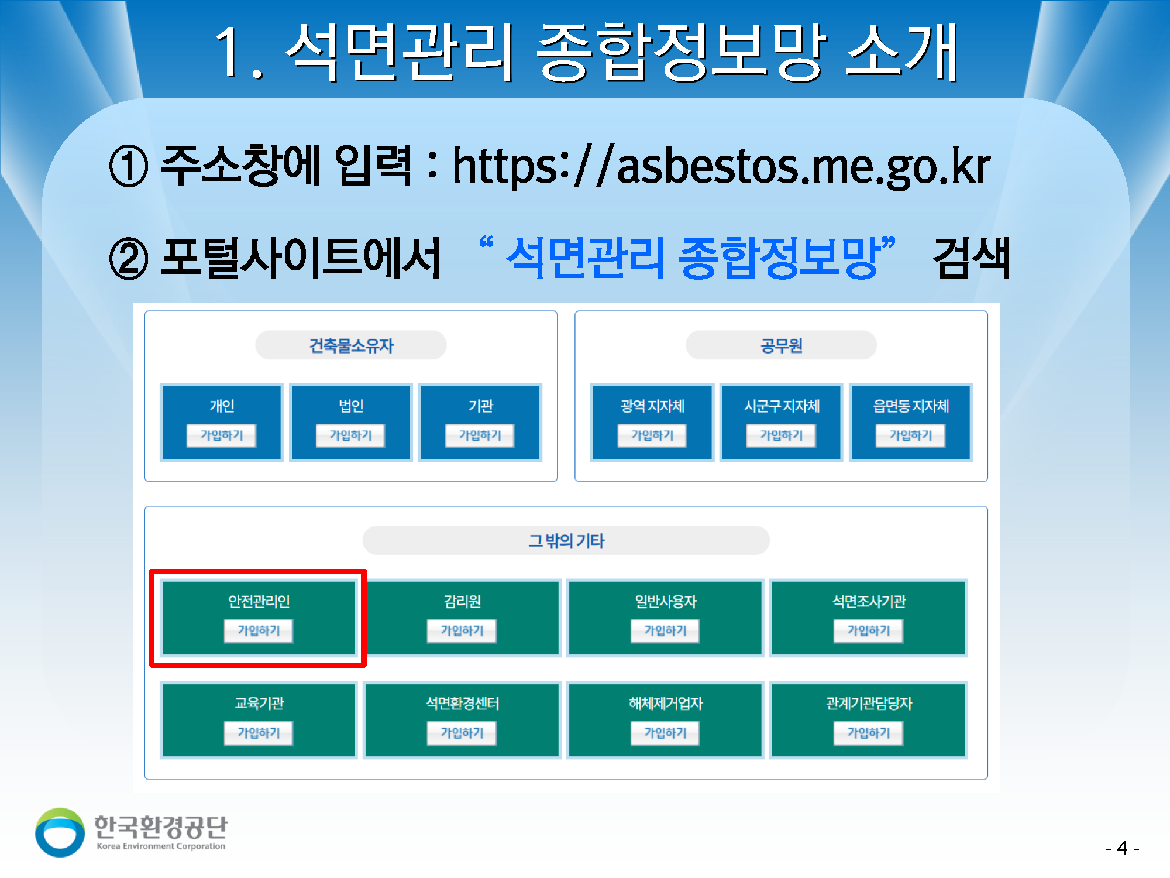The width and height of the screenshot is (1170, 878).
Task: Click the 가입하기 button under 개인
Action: tap(221, 435)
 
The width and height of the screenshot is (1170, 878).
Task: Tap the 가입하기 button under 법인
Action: tap(350, 435)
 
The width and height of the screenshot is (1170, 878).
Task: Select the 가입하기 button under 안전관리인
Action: tap(259, 631)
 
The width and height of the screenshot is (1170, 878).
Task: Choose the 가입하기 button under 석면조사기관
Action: tap(868, 631)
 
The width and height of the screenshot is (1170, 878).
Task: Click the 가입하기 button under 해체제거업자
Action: tap(665, 733)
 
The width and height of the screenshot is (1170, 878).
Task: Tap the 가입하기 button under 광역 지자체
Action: tap(652, 435)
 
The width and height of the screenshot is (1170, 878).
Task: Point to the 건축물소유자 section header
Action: tap(351, 345)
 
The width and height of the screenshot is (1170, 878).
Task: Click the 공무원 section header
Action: tap(781, 345)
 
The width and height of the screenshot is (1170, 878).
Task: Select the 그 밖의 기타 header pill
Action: tap(566, 540)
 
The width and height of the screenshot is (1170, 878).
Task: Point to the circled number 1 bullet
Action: tap(129, 166)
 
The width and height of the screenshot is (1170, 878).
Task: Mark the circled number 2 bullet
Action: tap(129, 259)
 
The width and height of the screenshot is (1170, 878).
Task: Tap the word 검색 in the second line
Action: tap(971, 258)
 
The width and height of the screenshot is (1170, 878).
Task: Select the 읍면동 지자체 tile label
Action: tap(911, 406)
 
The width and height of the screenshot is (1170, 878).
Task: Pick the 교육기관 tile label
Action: tap(259, 703)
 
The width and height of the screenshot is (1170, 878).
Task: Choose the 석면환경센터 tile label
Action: tap(462, 703)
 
